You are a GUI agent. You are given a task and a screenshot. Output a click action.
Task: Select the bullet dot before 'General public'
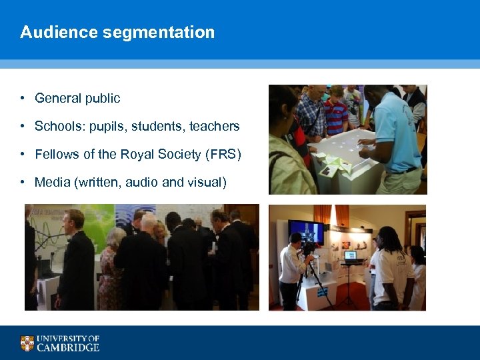click(22, 99)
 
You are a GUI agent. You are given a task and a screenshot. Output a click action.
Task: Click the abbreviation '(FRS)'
click(223, 155)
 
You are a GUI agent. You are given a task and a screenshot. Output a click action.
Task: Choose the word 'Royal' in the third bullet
click(137, 155)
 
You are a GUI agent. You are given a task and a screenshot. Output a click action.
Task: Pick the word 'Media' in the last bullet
click(51, 182)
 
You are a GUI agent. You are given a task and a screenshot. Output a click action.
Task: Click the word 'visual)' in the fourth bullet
click(206, 182)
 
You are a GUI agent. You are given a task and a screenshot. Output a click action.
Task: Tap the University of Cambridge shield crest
click(27, 343)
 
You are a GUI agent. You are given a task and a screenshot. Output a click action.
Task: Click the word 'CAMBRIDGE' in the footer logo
click(68, 347)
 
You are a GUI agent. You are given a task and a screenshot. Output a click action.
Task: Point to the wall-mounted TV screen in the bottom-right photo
click(306, 232)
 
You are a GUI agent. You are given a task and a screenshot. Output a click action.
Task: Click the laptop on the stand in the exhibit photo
click(350, 255)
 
